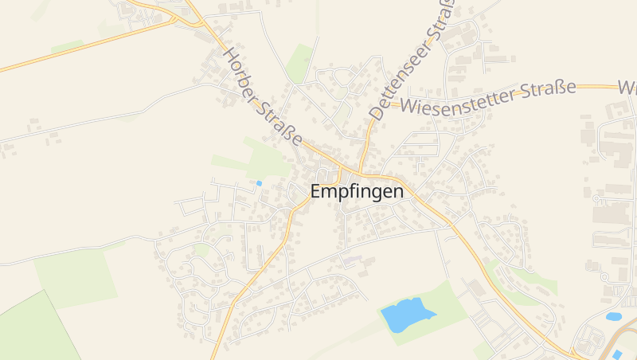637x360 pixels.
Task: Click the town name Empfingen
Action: (x=356, y=192)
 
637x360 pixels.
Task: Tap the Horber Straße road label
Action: (x=262, y=97)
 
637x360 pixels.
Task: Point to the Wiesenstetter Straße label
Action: (x=488, y=96)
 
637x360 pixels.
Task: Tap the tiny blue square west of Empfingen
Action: (x=259, y=183)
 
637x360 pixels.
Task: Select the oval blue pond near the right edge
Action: (x=613, y=316)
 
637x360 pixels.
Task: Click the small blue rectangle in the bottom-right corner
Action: (x=616, y=354)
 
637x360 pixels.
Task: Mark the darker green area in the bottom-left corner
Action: (x=32, y=331)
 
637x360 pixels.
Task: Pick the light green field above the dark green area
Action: (x=76, y=275)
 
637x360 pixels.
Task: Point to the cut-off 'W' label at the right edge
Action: (x=627, y=86)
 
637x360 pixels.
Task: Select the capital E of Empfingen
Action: (x=316, y=192)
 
